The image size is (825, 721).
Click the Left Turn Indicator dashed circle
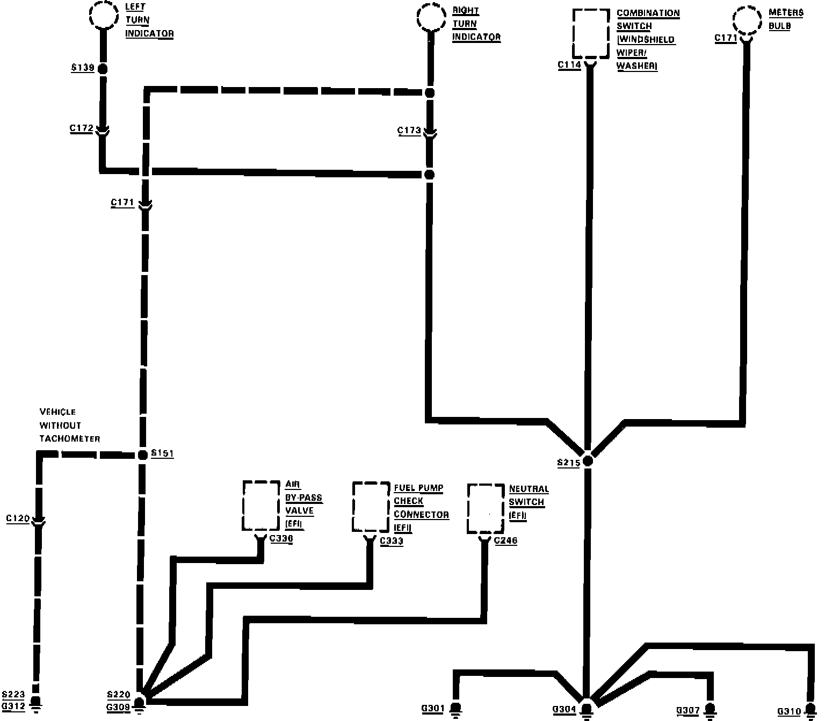tap(104, 15)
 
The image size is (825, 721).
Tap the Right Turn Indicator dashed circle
tap(431, 18)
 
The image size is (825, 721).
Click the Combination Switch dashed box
tap(591, 33)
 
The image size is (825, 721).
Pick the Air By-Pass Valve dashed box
tap(261, 506)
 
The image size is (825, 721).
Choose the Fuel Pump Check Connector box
tap(371, 507)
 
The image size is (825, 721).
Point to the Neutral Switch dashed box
tap(486, 508)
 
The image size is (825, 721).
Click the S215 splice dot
tap(588, 460)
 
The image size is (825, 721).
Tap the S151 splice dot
tap(142, 455)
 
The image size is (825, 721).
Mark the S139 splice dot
tap(102, 69)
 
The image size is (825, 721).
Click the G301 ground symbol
tap(456, 709)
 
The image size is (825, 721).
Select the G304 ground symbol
tap(587, 710)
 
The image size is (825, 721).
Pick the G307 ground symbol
tap(711, 710)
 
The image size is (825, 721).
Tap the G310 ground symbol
tap(811, 711)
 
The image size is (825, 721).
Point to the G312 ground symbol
tap(36, 704)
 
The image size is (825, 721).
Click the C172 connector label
tap(82, 129)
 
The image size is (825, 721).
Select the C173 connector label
tap(409, 131)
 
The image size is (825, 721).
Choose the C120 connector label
tap(18, 519)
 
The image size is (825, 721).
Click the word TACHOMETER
tap(70, 439)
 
